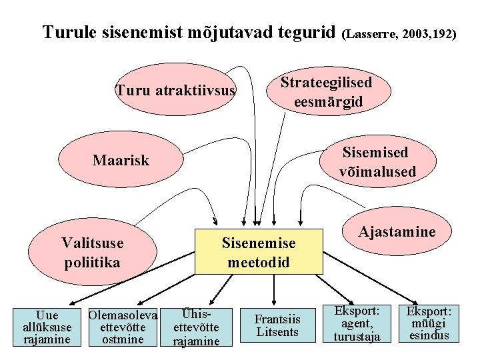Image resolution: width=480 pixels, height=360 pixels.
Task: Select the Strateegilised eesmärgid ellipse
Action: (x=326, y=92)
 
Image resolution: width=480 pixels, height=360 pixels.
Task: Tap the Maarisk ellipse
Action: (x=121, y=161)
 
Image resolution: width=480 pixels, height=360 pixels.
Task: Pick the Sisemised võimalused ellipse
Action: (x=376, y=162)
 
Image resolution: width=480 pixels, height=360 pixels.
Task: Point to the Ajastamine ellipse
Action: (x=397, y=231)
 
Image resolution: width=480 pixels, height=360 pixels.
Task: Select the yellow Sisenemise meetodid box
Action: (x=258, y=252)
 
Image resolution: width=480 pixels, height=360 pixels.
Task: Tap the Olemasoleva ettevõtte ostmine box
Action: (x=122, y=327)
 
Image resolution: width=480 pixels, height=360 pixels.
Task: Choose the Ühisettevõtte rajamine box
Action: (x=196, y=327)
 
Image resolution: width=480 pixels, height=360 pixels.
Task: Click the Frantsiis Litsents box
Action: (x=278, y=325)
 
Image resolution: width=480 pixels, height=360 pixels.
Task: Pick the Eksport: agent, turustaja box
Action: (x=357, y=324)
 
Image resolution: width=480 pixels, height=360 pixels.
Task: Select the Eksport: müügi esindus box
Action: (x=429, y=323)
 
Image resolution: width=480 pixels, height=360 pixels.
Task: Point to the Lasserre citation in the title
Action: (x=399, y=33)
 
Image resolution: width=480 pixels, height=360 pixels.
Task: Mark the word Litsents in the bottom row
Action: (x=278, y=332)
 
